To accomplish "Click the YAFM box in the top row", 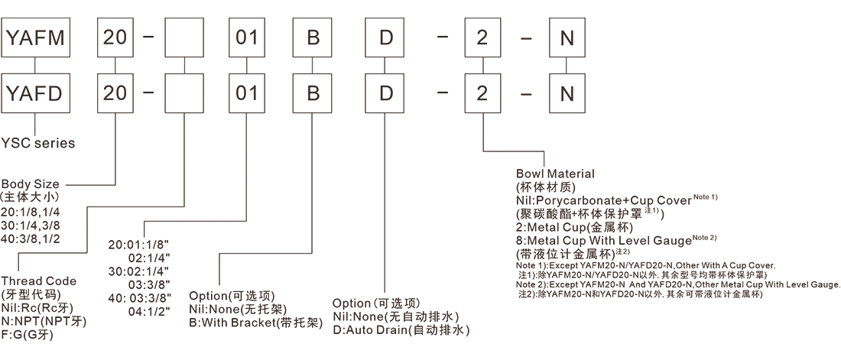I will (x=37, y=37).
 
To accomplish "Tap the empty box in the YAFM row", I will (x=186, y=37).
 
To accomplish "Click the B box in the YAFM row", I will (x=313, y=37).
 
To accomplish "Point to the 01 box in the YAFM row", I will (x=247, y=37).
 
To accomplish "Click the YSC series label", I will (x=37, y=142).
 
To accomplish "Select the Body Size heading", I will (x=30, y=184).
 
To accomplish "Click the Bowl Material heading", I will (x=555, y=174).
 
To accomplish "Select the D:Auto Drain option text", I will (x=400, y=331).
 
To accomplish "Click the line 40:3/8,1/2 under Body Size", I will (x=31, y=238).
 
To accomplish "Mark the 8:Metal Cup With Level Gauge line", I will (x=605, y=239).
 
